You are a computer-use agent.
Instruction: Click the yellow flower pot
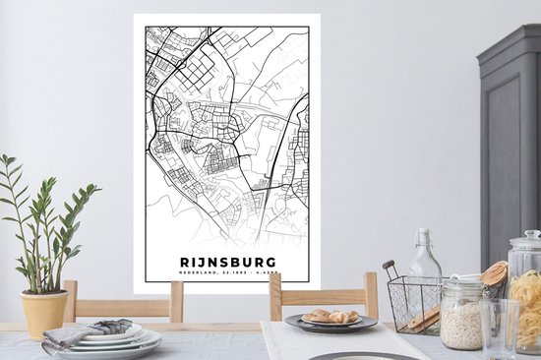44,312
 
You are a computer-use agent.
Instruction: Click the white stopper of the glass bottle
424,234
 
